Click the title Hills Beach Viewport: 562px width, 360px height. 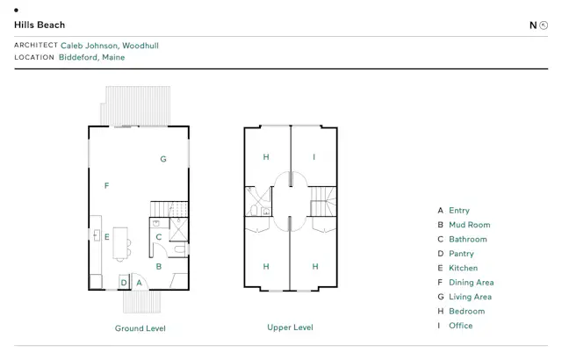(x=40, y=25)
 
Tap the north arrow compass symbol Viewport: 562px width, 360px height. (x=544, y=25)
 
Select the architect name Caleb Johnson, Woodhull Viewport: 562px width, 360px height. (x=110, y=46)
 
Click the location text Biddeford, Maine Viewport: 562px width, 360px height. (x=91, y=57)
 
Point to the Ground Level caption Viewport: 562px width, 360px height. (x=140, y=328)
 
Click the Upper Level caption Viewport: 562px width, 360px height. (x=290, y=328)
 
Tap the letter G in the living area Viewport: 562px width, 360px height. (x=163, y=159)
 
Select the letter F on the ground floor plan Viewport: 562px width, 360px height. (x=106, y=185)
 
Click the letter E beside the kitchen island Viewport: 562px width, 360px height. (x=107, y=237)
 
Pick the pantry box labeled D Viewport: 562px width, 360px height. (x=124, y=282)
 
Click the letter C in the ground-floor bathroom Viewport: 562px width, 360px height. (x=159, y=237)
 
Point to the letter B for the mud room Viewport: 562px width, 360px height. (x=159, y=267)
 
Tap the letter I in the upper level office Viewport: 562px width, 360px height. (x=314, y=157)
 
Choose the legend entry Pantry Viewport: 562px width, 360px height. (x=461, y=254)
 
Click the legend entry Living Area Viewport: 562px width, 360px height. (x=471, y=297)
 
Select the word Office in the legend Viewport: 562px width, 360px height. (x=461, y=325)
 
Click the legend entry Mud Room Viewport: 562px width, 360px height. (x=470, y=225)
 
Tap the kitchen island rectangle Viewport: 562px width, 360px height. (x=120, y=243)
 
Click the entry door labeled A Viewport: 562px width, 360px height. (x=140, y=282)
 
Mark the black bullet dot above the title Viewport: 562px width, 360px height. (x=16, y=10)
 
